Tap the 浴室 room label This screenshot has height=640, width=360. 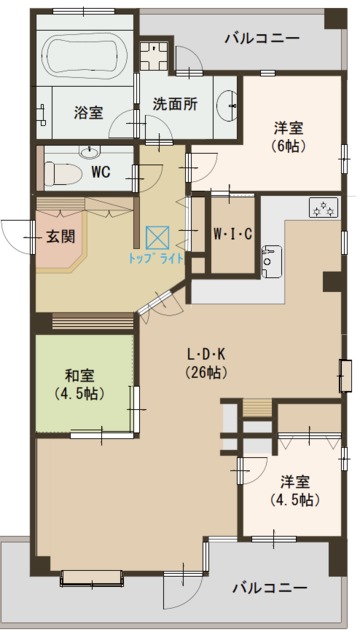click(x=87, y=113)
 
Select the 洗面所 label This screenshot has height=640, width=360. click(x=174, y=103)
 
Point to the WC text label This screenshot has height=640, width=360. click(x=101, y=171)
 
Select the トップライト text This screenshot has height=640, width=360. click(x=156, y=258)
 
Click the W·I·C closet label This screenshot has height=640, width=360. click(x=232, y=236)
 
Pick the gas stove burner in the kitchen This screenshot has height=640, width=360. click(x=324, y=209)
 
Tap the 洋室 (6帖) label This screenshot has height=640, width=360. click(x=291, y=136)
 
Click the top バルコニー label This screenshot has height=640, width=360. click(x=261, y=39)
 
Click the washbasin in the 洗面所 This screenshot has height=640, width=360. click(x=228, y=103)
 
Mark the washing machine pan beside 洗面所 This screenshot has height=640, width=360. click(x=157, y=54)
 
